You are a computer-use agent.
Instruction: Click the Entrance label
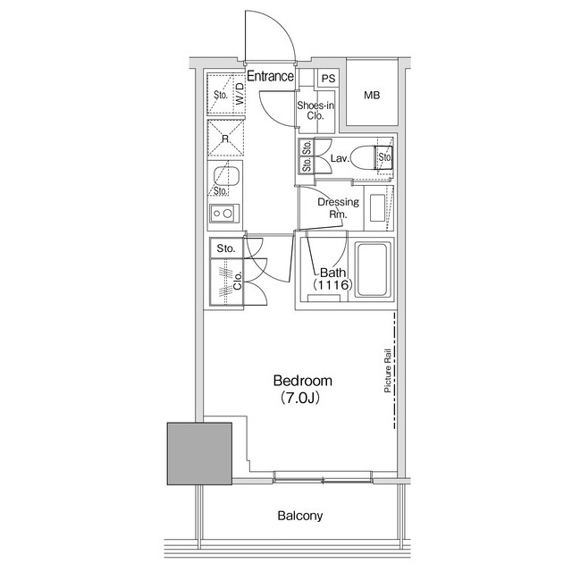point(270,77)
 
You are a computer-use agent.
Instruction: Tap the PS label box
point(328,79)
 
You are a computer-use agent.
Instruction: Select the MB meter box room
point(372,95)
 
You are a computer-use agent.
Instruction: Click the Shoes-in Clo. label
point(315,111)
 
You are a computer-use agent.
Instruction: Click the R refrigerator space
point(225,139)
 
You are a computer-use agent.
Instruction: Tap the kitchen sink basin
point(224,173)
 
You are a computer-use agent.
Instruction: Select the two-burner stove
point(222,214)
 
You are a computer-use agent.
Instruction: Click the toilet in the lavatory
point(366,158)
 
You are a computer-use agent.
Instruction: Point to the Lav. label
point(338,159)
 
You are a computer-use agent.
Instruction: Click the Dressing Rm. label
point(338,208)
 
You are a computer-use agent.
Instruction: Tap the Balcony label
point(299,516)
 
